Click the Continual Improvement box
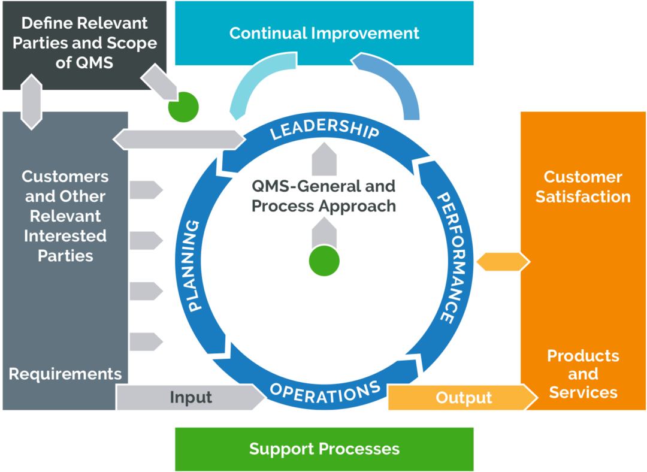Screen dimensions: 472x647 324,33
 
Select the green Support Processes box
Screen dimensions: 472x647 324,449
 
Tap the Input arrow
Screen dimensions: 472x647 191,398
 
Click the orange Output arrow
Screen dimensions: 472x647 463,398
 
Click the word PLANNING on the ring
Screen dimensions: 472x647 195,265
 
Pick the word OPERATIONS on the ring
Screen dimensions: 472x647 325,392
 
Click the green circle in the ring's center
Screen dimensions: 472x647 324,261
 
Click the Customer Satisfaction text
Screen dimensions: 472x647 583,187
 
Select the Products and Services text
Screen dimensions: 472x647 583,374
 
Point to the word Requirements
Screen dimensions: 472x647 65,374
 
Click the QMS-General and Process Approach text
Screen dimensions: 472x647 323,196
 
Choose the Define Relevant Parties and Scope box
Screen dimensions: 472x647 84,43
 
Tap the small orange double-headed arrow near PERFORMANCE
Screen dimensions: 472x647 502,262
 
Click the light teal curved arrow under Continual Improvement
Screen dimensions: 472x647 252,86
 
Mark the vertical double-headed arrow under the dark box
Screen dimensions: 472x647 32,101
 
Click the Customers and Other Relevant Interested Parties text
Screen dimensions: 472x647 65,216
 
